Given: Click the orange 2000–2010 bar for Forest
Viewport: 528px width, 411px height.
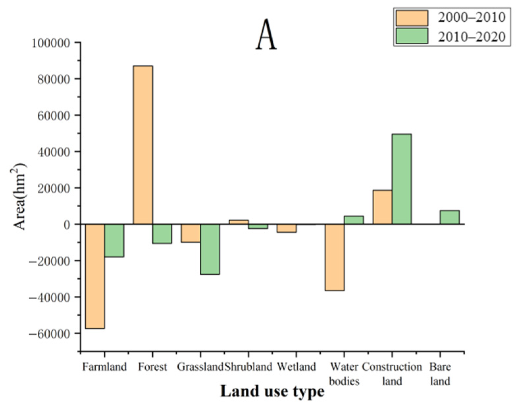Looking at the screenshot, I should click(x=143, y=145).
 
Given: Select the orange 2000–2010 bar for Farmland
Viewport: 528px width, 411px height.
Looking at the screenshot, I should click(x=95, y=276).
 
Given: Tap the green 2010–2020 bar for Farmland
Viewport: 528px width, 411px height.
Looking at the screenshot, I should click(x=114, y=240).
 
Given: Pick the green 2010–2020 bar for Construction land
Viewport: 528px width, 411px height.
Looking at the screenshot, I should click(x=402, y=179).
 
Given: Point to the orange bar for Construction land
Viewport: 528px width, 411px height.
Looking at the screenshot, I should click(x=382, y=207).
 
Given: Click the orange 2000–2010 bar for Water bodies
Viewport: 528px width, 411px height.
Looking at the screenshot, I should click(x=335, y=257).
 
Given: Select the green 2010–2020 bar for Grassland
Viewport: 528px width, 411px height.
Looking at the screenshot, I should click(x=210, y=249).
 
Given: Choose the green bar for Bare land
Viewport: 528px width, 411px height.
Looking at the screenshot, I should click(x=450, y=217).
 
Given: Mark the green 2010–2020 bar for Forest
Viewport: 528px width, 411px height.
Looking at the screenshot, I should click(x=162, y=234).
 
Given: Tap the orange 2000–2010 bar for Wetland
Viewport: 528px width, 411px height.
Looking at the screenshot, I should click(x=287, y=228).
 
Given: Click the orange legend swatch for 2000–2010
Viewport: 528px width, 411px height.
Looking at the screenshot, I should click(x=412, y=18).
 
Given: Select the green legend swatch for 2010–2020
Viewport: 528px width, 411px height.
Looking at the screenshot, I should click(x=412, y=36).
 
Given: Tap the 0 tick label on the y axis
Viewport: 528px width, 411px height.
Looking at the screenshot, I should click(x=67, y=225).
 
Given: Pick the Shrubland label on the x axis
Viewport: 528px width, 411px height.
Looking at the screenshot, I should click(x=248, y=367).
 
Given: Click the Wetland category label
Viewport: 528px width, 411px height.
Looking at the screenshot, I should click(x=296, y=367).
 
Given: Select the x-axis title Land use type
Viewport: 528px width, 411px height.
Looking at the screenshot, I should click(x=272, y=391).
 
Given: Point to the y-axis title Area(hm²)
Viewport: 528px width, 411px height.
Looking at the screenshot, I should click(x=19, y=196).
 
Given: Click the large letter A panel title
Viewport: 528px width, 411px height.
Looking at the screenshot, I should click(x=266, y=34).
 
